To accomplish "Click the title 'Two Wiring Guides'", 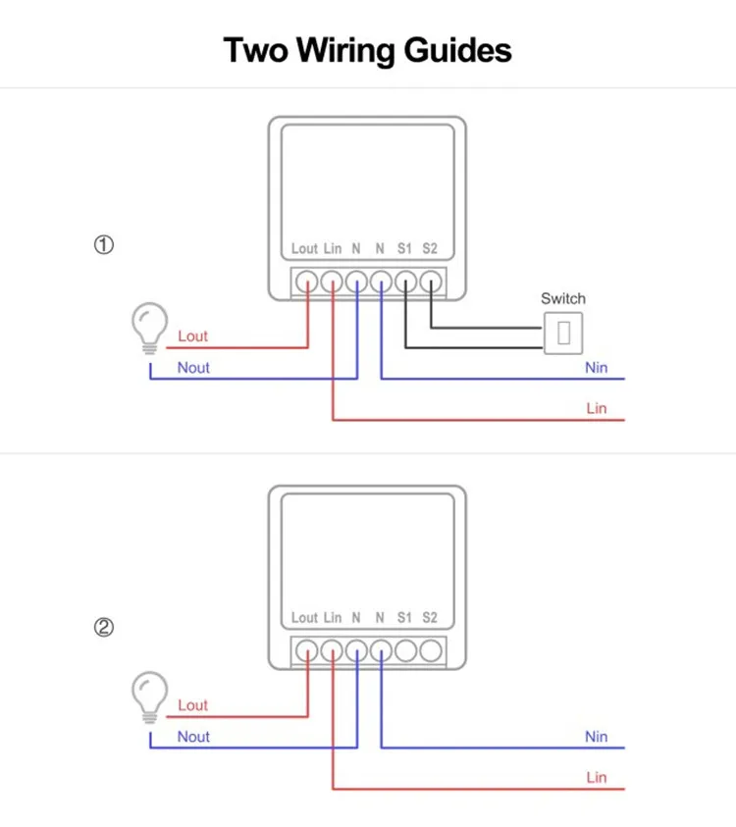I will coord(368,49).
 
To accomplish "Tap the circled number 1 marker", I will coord(104,245).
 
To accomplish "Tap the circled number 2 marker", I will coord(104,627).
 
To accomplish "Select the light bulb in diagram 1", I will coord(150,326).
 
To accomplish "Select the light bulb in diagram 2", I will coord(150,695).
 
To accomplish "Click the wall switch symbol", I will coord(563,333).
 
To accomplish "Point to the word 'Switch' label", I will coord(563,298).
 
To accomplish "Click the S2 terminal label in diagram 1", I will coord(430,249).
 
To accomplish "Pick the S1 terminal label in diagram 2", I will coord(404,618).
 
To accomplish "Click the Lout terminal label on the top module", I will coord(304,249).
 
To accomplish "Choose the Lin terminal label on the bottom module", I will coord(333,618).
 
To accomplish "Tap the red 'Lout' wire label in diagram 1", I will coord(193,336).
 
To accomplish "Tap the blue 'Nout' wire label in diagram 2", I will coord(193,737).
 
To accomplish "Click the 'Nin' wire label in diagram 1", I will coord(596,368).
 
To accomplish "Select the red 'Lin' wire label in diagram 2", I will coord(596,778).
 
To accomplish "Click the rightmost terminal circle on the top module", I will coord(431,282).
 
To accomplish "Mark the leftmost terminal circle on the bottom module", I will coord(307,650).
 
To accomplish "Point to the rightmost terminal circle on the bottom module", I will coord(431,650).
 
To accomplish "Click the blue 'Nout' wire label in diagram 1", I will coord(193,368).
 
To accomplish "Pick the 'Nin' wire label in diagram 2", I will coord(596,737).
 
